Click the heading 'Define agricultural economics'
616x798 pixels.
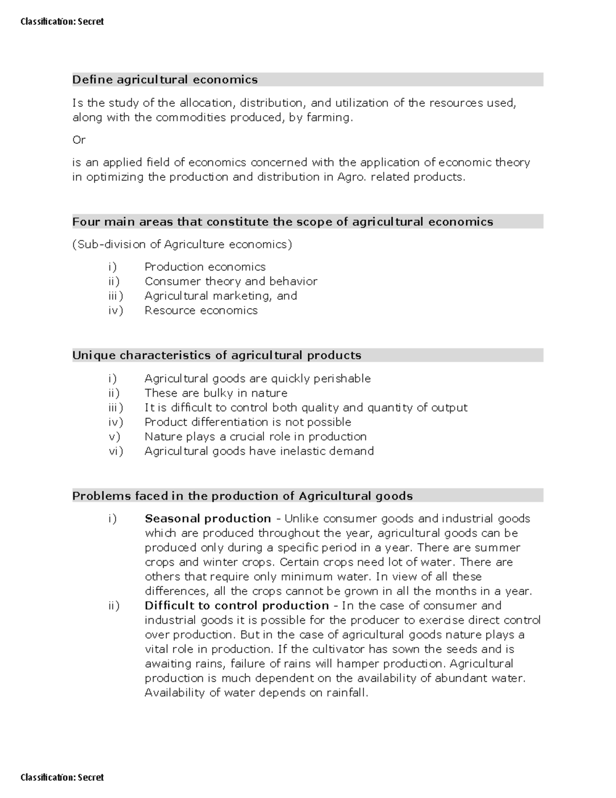pyautogui.click(x=165, y=80)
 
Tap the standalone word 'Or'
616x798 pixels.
pyautogui.click(x=79, y=140)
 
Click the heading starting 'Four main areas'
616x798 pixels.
pyautogui.click(x=282, y=222)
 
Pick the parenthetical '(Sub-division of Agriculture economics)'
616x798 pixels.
pyautogui.click(x=182, y=245)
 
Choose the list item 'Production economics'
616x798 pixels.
pyautogui.click(x=205, y=267)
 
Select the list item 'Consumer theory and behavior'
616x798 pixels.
pyautogui.click(x=230, y=282)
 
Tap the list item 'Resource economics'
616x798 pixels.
pyautogui.click(x=201, y=310)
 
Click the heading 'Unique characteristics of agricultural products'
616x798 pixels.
pyautogui.click(x=217, y=356)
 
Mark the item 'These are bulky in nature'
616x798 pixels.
pyautogui.click(x=216, y=393)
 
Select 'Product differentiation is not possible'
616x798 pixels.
pyautogui.click(x=247, y=422)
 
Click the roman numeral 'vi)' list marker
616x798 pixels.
pyautogui.click(x=115, y=451)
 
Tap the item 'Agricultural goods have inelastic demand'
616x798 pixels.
pyautogui.click(x=259, y=451)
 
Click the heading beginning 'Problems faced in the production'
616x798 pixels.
pyautogui.click(x=242, y=496)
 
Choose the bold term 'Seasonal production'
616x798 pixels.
pyautogui.click(x=207, y=518)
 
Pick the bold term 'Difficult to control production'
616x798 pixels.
pyautogui.click(x=237, y=606)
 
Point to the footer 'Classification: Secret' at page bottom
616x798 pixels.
pyautogui.click(x=62, y=777)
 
